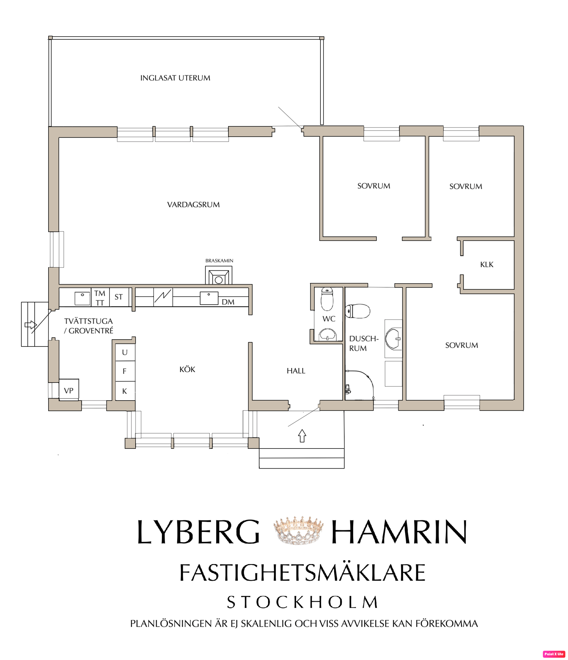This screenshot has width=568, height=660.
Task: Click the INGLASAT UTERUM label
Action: [175, 78]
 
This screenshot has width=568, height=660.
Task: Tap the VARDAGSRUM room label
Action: [193, 205]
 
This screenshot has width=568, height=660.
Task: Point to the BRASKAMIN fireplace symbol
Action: [219, 275]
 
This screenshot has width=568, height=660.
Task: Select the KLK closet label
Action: [486, 265]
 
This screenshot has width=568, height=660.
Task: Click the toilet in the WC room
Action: [327, 299]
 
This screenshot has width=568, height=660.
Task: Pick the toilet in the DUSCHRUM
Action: [358, 311]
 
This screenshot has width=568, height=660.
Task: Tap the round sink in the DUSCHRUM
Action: [393, 339]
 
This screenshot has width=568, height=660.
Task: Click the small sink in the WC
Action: [327, 335]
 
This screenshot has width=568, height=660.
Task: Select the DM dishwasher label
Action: [228, 302]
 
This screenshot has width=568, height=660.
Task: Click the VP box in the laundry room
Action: [69, 389]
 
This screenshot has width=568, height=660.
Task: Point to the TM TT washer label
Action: [100, 298]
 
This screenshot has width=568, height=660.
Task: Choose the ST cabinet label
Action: [119, 297]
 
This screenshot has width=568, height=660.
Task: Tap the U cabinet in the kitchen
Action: [125, 352]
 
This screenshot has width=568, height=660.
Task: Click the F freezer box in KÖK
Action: [125, 371]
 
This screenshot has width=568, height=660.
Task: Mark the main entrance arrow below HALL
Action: [302, 436]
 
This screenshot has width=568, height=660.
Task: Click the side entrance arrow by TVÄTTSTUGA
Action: [30, 325]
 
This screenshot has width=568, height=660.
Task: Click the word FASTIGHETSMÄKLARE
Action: [302, 573]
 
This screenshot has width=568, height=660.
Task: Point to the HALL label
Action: [296, 371]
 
